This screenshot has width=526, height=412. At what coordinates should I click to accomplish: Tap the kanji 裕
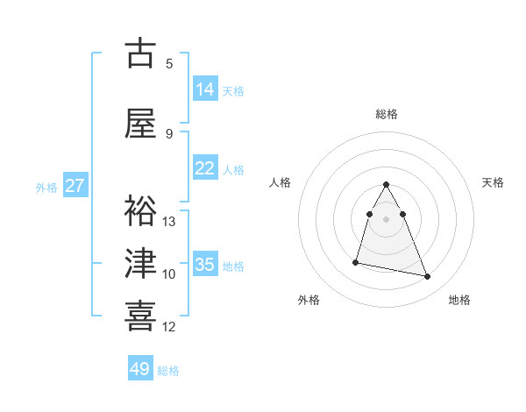tap(141, 211)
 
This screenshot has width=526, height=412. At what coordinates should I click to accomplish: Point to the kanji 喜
tap(141, 315)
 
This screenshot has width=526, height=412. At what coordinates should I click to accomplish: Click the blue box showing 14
tap(205, 89)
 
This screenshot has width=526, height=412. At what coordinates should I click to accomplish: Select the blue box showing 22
tap(205, 168)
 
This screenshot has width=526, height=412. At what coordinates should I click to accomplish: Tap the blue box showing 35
tap(205, 265)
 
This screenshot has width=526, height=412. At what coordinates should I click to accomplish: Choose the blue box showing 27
tap(75, 186)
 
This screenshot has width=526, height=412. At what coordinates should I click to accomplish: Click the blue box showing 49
tap(140, 369)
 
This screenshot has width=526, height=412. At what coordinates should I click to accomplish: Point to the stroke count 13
tap(169, 221)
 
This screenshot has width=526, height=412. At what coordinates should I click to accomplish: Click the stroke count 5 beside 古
tap(169, 63)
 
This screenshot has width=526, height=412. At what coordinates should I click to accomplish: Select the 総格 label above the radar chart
tap(387, 114)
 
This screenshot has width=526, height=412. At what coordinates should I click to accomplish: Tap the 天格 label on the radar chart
tap(494, 182)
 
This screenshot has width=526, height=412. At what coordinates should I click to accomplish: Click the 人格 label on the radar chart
tap(281, 182)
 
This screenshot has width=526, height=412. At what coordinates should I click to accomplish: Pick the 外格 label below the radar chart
tap(309, 300)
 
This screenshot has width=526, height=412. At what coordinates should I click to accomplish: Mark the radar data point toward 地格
tap(428, 277)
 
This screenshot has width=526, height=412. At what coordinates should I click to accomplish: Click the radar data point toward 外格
tap(356, 262)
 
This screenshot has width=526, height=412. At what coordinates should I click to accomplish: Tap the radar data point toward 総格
tap(387, 184)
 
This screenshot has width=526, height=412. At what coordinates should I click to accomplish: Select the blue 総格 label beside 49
tap(168, 371)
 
